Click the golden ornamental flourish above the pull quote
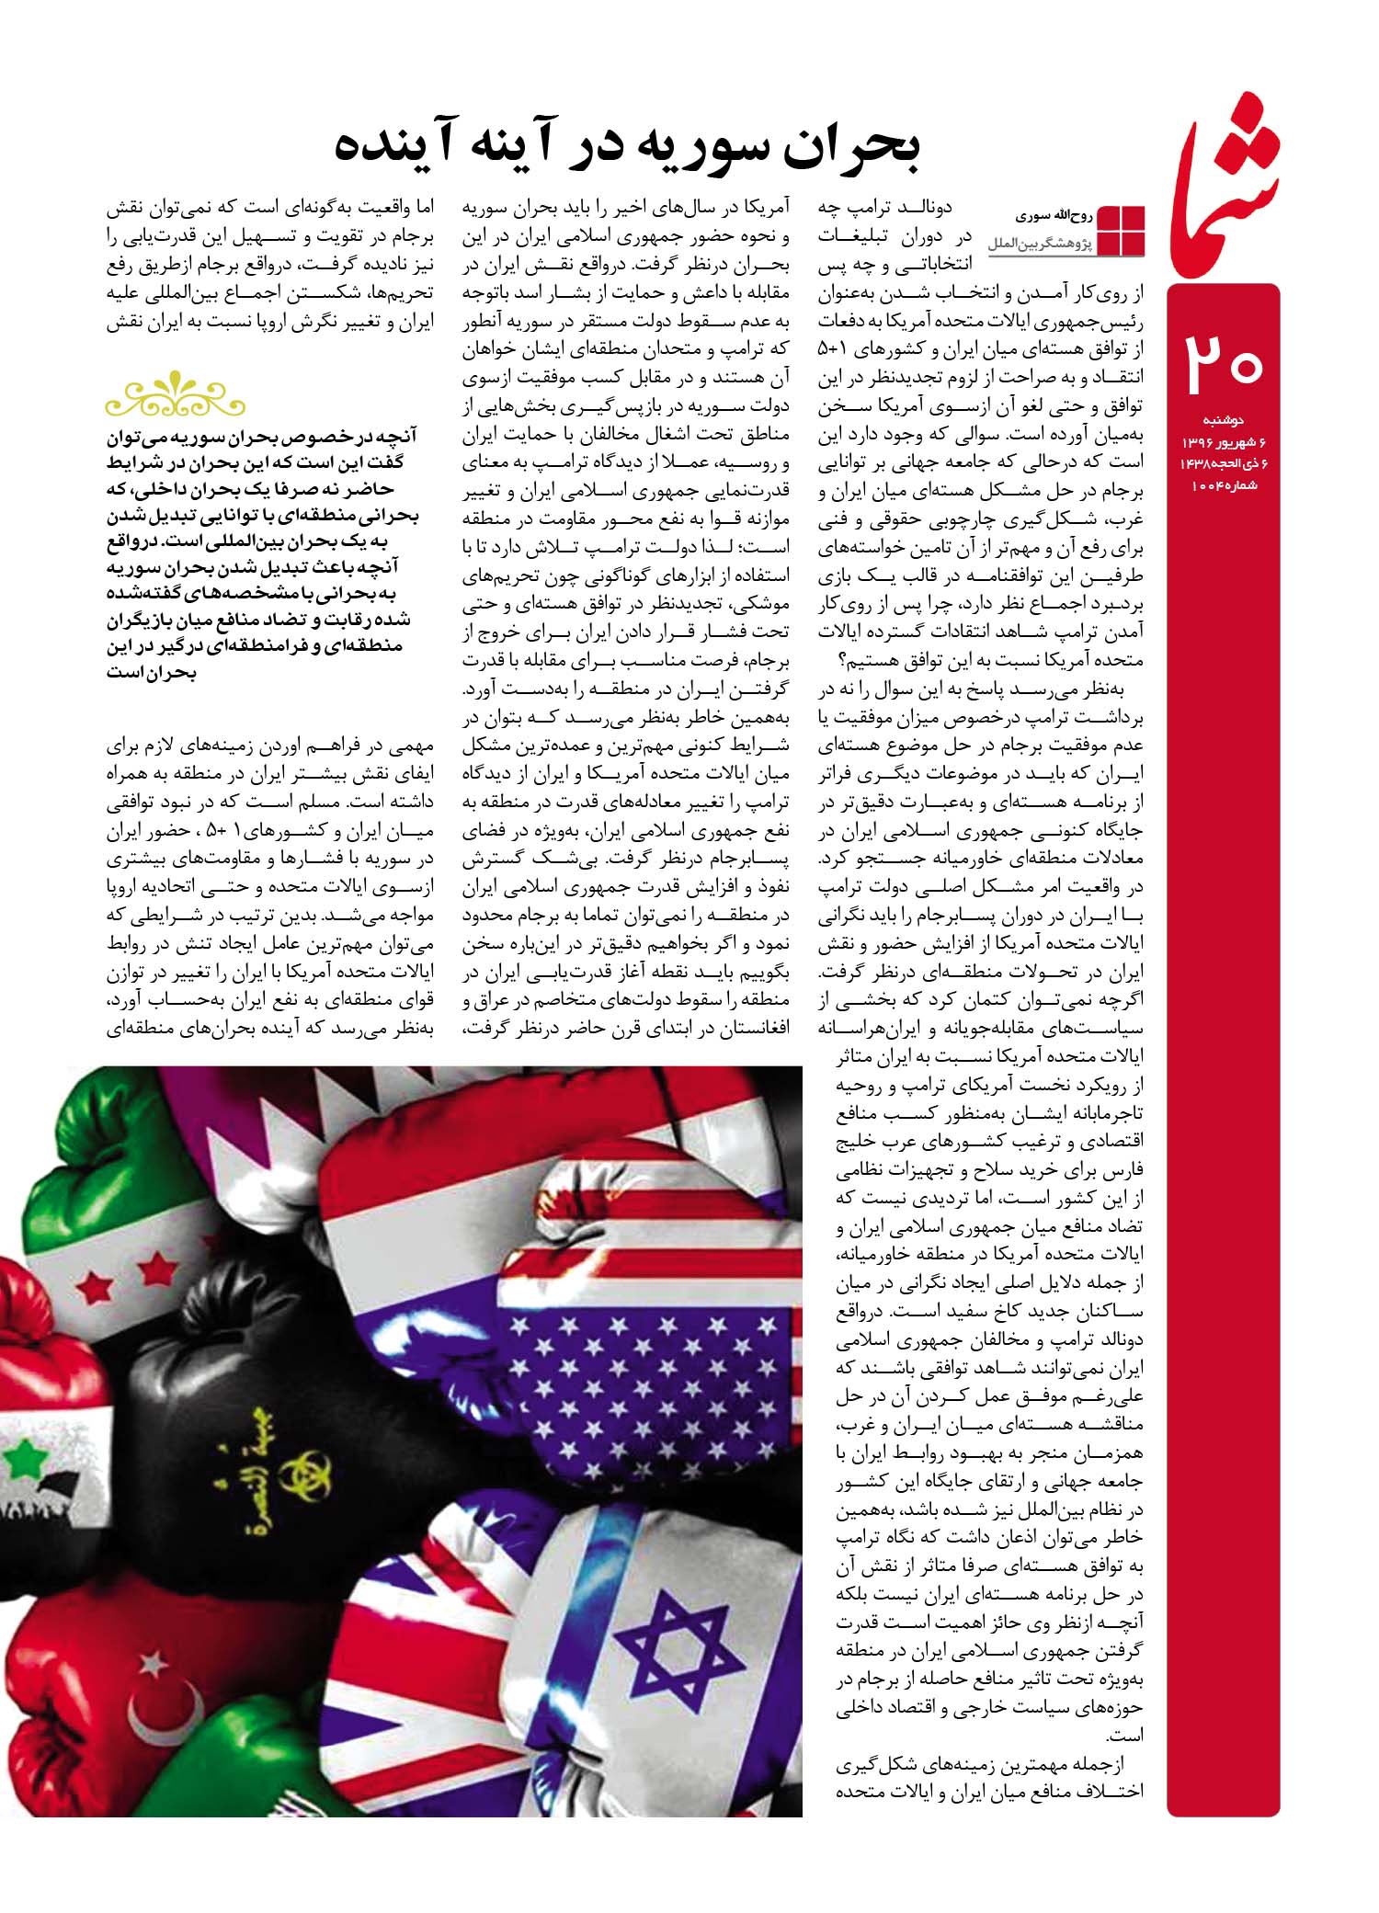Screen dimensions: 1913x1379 [x=176, y=397]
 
